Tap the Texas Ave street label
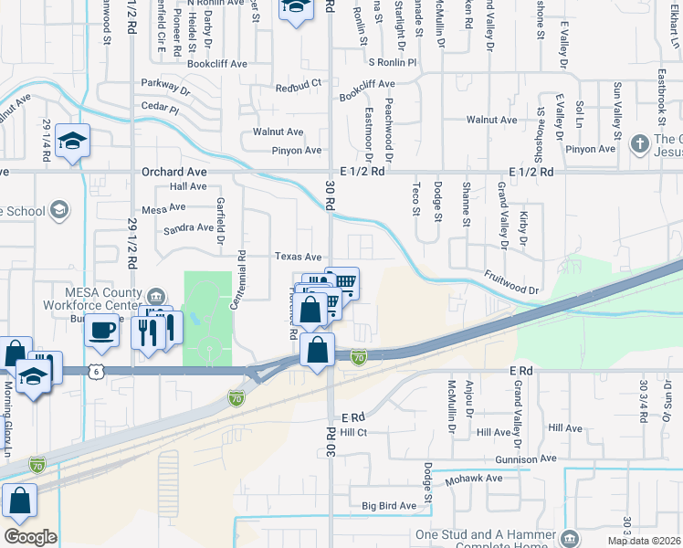[x=299, y=258]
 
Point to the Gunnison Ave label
[x=526, y=458]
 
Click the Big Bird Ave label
[x=389, y=505]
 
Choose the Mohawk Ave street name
[x=473, y=479]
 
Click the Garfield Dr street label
[x=220, y=224]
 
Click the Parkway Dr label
[x=165, y=90]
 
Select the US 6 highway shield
[x=95, y=371]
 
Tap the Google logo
[x=30, y=537]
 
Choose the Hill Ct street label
[x=352, y=432]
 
